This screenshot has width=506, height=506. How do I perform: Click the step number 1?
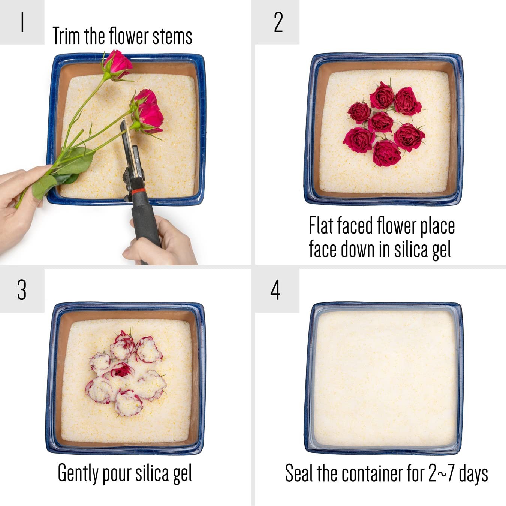(22, 22)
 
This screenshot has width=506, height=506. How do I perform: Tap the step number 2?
(278, 22)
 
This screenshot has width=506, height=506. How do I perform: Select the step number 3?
(22, 290)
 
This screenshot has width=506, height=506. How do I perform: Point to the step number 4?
(275, 290)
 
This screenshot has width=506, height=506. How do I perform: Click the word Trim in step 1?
(67, 36)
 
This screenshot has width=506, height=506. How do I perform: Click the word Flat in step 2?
(321, 225)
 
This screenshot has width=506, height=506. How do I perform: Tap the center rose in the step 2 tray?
(380, 122)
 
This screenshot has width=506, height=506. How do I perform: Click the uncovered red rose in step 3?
(121, 371)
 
